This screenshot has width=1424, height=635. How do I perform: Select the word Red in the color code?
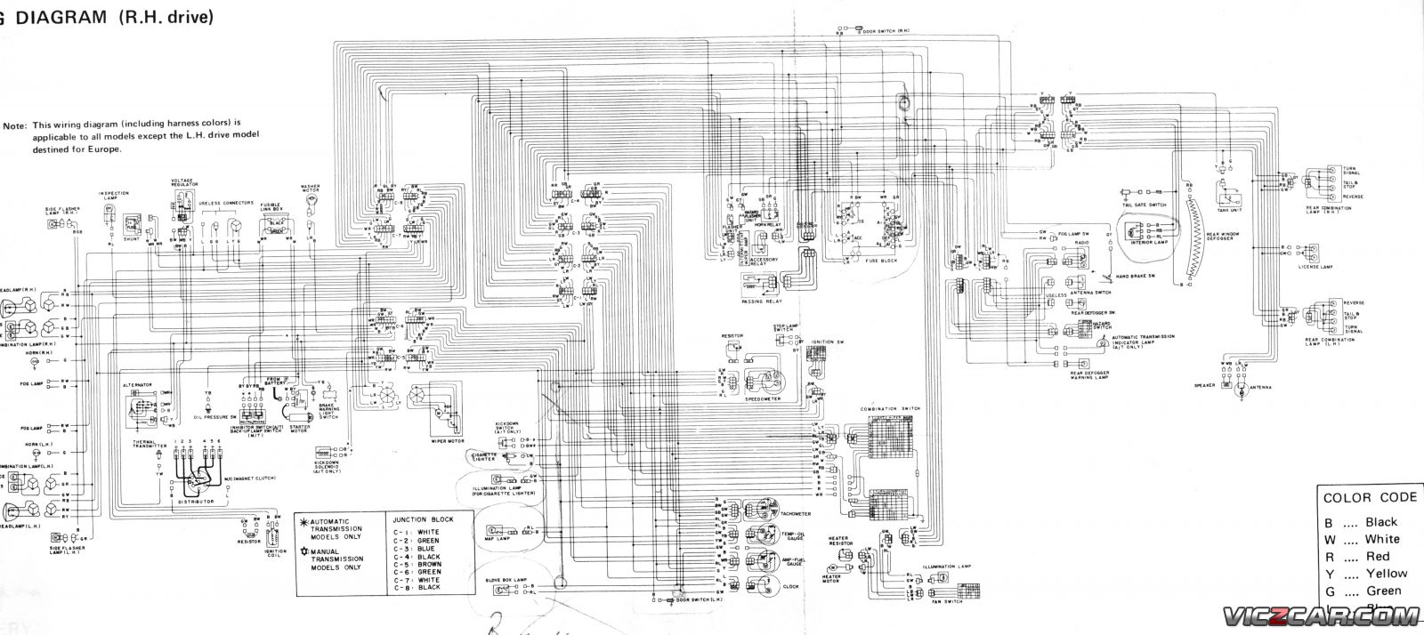pyautogui.click(x=1377, y=556)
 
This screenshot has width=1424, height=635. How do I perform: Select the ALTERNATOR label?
pyautogui.click(x=137, y=385)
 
